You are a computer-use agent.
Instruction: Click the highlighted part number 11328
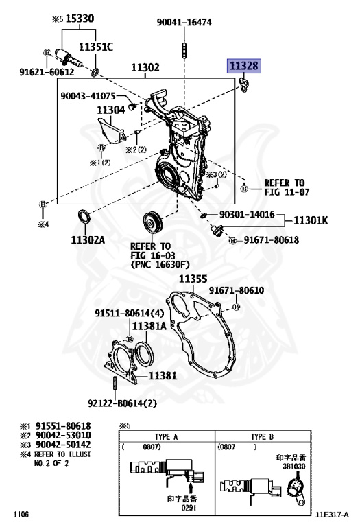(x=244, y=66)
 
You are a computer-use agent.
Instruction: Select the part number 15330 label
(x=80, y=19)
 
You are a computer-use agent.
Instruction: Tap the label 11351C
(x=96, y=47)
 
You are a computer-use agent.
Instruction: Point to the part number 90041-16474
(x=184, y=22)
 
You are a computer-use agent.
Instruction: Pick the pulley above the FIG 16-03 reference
(x=152, y=222)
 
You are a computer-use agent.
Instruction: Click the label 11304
(x=111, y=110)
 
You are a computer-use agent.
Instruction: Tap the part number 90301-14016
(x=247, y=214)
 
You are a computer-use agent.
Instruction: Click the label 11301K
(x=311, y=220)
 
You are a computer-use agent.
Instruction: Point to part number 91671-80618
(x=272, y=240)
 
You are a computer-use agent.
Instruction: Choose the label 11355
(x=193, y=279)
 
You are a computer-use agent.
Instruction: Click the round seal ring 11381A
(x=145, y=355)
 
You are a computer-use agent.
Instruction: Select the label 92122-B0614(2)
(x=122, y=403)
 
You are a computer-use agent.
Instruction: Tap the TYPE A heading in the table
(x=166, y=437)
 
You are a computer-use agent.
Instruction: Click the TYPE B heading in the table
(x=262, y=437)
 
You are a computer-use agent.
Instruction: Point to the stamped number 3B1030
(x=293, y=467)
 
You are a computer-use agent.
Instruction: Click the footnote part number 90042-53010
(x=63, y=435)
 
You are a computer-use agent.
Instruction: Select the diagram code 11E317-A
(x=332, y=515)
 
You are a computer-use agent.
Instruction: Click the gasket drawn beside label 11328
(x=244, y=85)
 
